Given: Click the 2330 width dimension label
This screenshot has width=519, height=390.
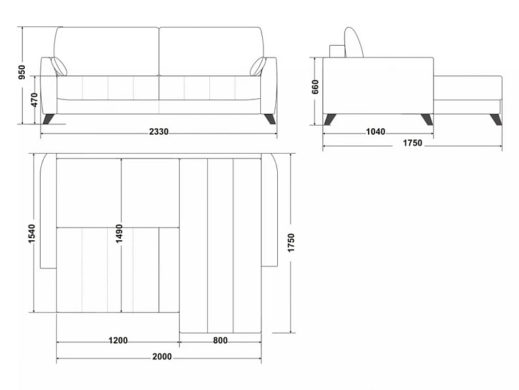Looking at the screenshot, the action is pos(159,132).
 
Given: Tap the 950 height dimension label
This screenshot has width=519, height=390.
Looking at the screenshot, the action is pos(22,72).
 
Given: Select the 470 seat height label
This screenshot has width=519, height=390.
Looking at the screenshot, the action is pos(34,100).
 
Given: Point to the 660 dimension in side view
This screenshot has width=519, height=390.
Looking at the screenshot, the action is pos(315,87).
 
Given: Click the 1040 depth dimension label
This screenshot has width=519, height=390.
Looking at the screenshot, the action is pos(375,132).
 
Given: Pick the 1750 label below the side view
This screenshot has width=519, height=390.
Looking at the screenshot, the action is pos(412,143).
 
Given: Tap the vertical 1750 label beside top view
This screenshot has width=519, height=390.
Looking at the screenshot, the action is pos(291,243).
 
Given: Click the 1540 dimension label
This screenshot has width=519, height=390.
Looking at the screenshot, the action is pos(32,234).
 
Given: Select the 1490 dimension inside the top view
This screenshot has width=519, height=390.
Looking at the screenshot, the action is pos(119,234).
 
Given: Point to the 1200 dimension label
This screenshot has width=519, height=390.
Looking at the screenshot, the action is pos(118,341).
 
